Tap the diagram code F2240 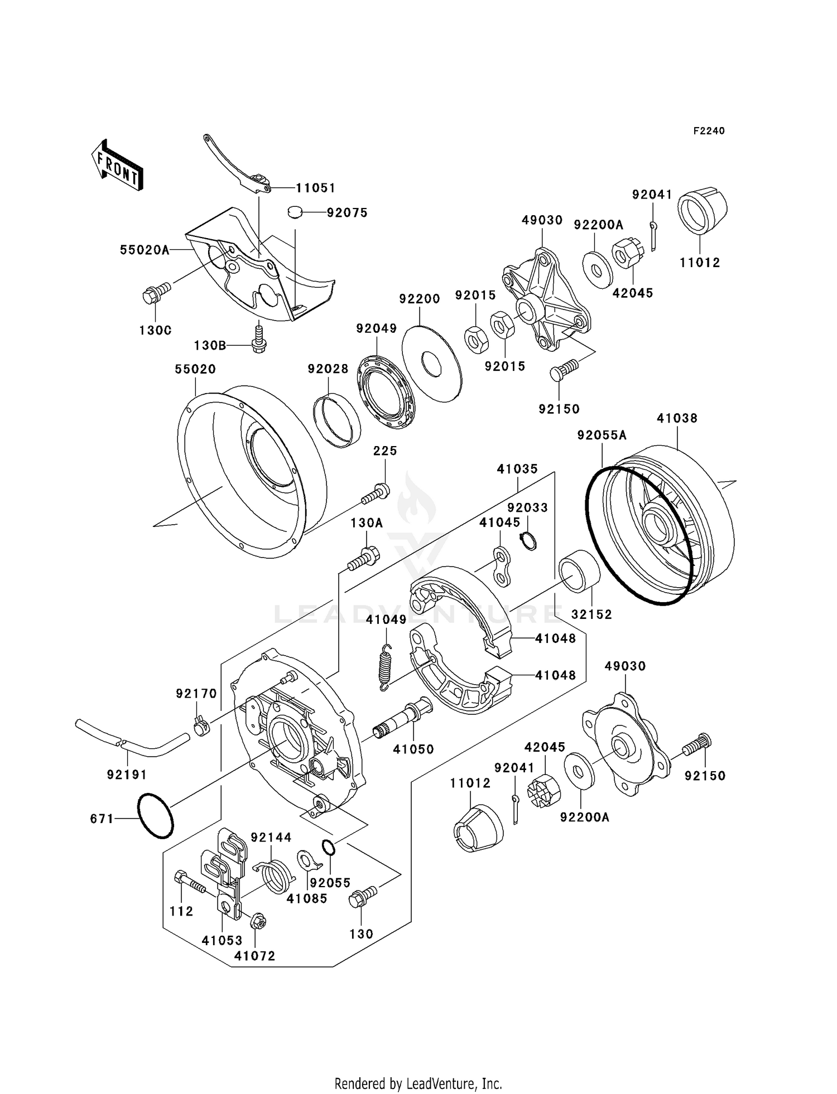click(x=709, y=131)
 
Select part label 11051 click(x=315, y=188)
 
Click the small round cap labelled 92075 click(x=295, y=212)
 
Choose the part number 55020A click(x=145, y=250)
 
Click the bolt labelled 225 click(x=376, y=492)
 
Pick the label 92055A click(x=602, y=435)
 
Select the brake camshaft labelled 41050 click(x=403, y=719)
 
